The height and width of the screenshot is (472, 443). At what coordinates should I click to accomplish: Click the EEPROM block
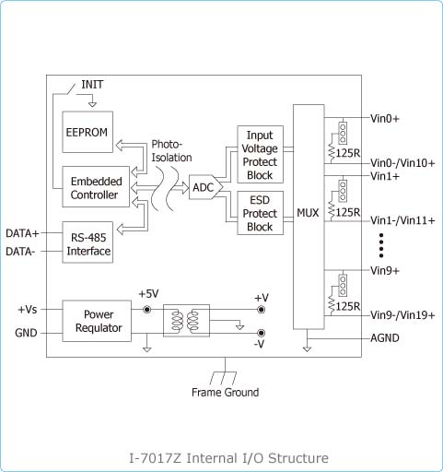tap(87, 132)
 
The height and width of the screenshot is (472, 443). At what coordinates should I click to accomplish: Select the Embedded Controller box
tap(96, 187)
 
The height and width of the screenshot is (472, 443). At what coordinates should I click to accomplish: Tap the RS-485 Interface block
tap(87, 242)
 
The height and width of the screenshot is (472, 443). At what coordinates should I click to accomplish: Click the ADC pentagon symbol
tap(205, 187)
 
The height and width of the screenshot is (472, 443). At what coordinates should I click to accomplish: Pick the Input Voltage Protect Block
tap(260, 154)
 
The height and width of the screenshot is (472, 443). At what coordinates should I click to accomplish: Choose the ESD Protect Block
tap(260, 213)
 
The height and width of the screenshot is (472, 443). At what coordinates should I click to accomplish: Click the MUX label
tap(308, 213)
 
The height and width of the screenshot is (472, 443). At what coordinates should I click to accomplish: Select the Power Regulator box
tap(97, 321)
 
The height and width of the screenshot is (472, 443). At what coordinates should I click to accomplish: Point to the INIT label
tap(92, 85)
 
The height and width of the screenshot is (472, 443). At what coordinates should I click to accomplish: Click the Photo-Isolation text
tap(171, 150)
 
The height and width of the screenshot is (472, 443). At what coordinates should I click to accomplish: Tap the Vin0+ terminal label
tap(385, 118)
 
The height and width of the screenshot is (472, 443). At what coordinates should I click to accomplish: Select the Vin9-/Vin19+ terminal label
tap(402, 315)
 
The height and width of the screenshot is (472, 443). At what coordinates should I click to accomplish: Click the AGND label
tap(385, 338)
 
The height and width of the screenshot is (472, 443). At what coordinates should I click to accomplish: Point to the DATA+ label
tap(22, 233)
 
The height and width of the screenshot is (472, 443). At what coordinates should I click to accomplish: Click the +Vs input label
tap(28, 309)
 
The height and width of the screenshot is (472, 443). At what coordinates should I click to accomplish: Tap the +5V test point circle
tap(147, 310)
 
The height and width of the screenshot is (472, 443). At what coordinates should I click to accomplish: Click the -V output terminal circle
tap(261, 333)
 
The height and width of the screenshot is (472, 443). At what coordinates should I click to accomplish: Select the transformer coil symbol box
tap(186, 321)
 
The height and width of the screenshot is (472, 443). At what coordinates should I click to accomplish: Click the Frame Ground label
tap(225, 393)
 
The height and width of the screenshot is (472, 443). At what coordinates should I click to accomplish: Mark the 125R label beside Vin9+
tap(348, 306)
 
